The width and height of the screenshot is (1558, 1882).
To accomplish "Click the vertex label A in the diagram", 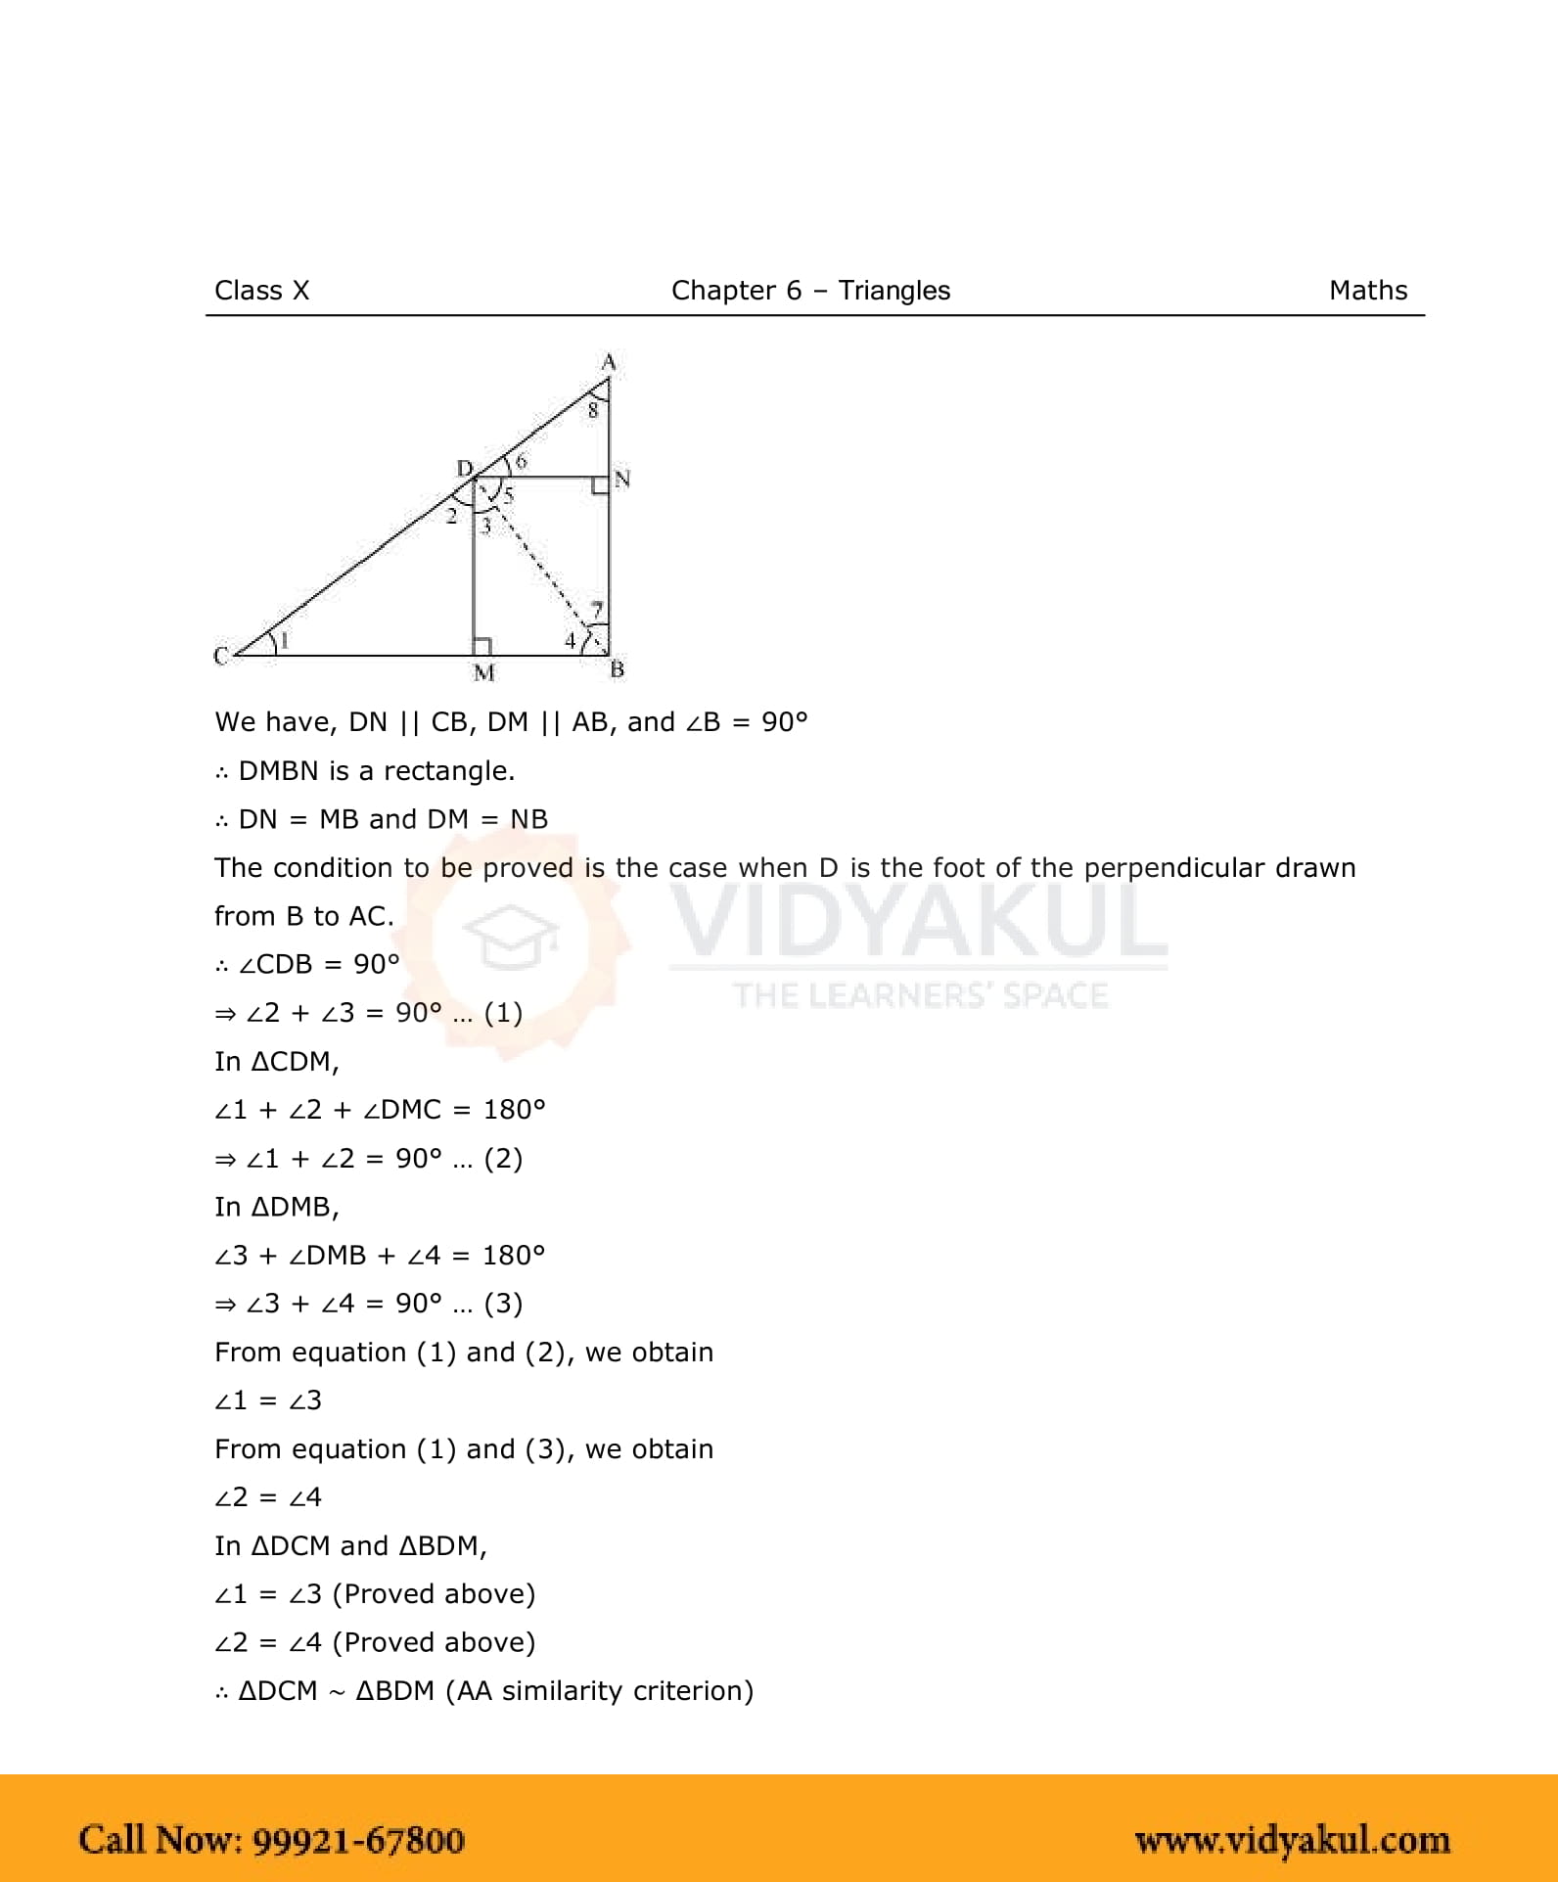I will (x=609, y=362).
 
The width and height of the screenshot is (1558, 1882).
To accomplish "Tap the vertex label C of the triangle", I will (x=221, y=656).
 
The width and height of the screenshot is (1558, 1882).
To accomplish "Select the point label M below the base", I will (x=483, y=673).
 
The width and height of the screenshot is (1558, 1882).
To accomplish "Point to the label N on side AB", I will (x=622, y=479).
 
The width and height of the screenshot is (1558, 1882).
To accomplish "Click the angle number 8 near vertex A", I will (x=592, y=411).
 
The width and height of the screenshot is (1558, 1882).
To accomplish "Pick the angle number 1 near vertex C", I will (x=285, y=641).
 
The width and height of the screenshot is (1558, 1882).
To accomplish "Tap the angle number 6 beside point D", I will (x=521, y=461).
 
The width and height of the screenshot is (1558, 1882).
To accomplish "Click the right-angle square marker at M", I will (x=481, y=647).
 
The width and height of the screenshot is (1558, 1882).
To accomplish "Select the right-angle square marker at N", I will (x=600, y=485).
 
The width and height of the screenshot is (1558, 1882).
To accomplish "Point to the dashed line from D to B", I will (x=543, y=568).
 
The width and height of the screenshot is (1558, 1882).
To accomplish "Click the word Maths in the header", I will (x=1367, y=291).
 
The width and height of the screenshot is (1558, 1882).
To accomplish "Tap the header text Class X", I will (x=261, y=291).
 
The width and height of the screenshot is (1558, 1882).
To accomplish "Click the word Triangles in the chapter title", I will (x=894, y=291).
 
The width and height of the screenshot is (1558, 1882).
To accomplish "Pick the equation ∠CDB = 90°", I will (x=319, y=964).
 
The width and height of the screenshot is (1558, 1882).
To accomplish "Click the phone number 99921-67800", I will (x=358, y=1840).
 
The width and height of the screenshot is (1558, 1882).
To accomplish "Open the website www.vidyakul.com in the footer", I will (x=1292, y=1840).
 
